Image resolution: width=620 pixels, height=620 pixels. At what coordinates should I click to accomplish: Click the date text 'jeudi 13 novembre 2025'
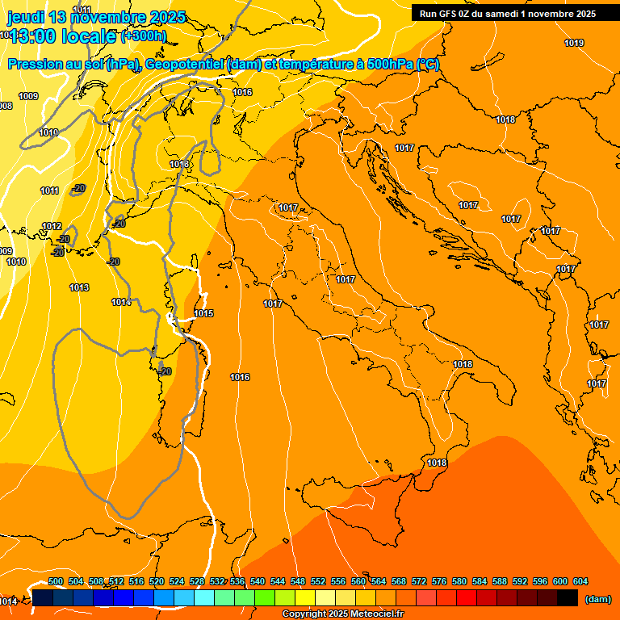click(x=96, y=17)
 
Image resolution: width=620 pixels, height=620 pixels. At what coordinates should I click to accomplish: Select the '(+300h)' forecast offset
click(x=144, y=36)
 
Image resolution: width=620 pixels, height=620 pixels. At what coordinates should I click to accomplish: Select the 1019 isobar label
click(x=574, y=43)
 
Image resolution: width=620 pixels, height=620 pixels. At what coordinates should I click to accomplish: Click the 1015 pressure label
click(x=203, y=313)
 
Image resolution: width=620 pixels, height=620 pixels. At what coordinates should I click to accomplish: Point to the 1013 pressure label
click(x=79, y=287)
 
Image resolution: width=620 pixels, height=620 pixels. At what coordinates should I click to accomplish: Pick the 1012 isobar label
click(x=52, y=226)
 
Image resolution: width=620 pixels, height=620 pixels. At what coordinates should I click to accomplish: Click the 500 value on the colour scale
click(x=56, y=581)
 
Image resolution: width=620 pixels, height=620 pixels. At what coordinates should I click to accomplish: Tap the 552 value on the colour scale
click(x=318, y=581)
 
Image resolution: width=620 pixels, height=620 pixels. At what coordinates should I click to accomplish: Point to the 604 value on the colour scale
click(x=580, y=581)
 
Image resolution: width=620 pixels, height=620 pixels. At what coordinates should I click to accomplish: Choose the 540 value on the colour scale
click(x=258, y=581)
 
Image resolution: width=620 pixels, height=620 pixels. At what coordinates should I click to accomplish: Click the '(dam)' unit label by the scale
click(x=597, y=598)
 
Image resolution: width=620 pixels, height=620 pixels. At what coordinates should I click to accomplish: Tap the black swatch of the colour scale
click(x=568, y=598)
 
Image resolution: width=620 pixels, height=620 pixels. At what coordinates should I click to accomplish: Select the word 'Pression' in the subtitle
click(x=33, y=65)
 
